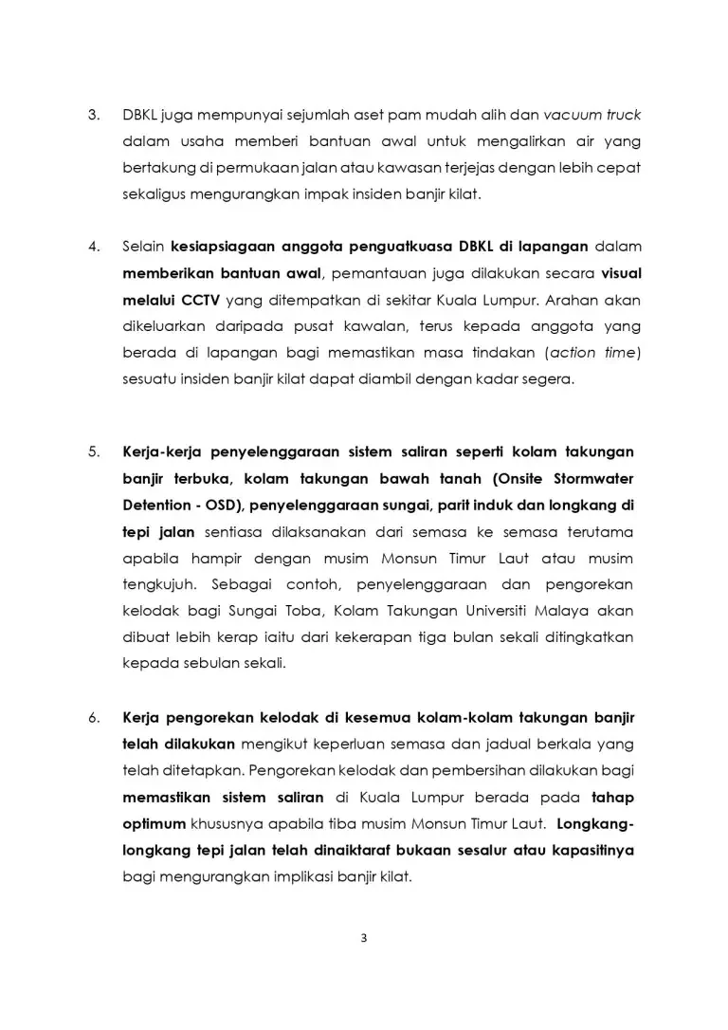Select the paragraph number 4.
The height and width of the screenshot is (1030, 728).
click(93, 247)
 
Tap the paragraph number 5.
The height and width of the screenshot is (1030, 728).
click(93, 451)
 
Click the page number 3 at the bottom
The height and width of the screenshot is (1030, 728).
click(364, 939)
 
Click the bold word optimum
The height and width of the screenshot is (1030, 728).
click(156, 823)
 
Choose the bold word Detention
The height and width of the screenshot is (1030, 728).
click(156, 505)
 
